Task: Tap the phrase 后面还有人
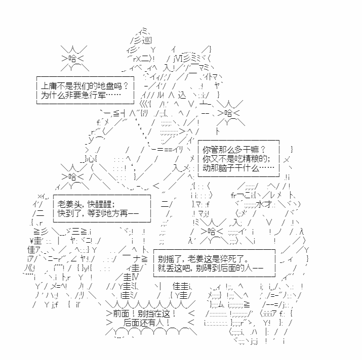[142, 323]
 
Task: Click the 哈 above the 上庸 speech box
[72, 59]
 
